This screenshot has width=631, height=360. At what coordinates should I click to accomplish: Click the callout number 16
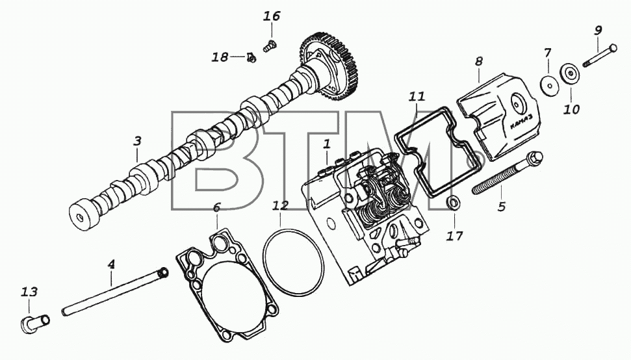coord(272,16)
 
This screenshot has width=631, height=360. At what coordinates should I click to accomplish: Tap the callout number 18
coord(220,57)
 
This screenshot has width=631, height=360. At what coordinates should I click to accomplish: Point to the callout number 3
coord(138,141)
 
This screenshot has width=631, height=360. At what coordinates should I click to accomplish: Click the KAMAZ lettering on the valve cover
coord(522,122)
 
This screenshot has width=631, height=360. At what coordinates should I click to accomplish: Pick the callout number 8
coord(478,62)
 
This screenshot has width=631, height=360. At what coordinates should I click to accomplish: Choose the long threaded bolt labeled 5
coord(507,174)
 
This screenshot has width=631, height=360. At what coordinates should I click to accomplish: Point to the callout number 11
coord(417,97)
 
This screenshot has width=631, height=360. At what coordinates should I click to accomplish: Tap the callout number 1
coord(327,143)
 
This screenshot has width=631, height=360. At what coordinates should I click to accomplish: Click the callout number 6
coord(216,207)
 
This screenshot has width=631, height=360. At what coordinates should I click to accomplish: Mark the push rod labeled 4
coord(114,292)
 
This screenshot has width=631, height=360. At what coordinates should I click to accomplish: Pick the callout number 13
coord(29,292)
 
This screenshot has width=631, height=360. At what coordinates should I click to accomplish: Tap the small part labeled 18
coord(251,58)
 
